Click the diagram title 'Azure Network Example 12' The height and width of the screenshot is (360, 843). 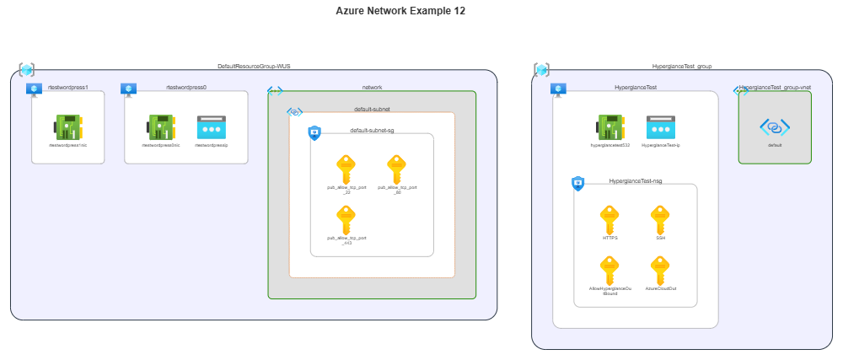(x=400, y=11)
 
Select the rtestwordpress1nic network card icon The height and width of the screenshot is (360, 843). (x=67, y=127)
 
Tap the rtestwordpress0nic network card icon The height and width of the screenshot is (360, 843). (x=162, y=127)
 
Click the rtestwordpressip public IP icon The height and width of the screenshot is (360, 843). (x=211, y=127)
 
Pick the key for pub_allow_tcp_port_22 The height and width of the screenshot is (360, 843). (x=346, y=168)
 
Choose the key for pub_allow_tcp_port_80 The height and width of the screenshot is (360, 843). (x=397, y=168)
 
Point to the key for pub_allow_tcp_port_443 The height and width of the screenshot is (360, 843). (x=346, y=219)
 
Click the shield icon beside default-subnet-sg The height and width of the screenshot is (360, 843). (x=314, y=132)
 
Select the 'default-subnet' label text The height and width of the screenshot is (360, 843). (x=371, y=110)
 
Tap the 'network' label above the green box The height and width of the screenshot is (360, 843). (x=372, y=88)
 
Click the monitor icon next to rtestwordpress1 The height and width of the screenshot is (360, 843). (x=34, y=89)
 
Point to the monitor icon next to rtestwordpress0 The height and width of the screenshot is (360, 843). (x=128, y=89)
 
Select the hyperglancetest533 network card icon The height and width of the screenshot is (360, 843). (x=610, y=127)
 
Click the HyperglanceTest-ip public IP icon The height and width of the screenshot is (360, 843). (x=661, y=127)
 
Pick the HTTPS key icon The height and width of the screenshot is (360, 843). (x=609, y=219)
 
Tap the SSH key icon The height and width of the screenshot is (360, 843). (x=661, y=219)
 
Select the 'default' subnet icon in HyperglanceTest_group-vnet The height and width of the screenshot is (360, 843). (x=775, y=127)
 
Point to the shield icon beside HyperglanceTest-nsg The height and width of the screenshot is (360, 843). (x=578, y=183)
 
